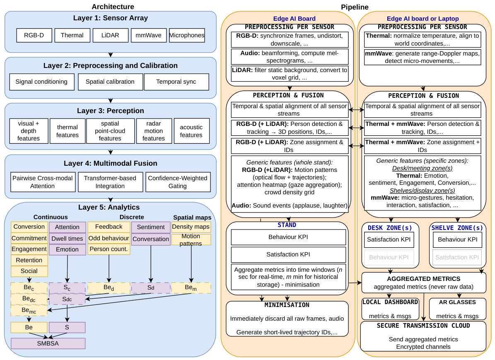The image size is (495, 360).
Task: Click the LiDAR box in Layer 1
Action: (x=111, y=35)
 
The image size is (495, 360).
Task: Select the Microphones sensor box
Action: (x=187, y=35)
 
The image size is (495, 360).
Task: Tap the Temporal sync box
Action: (x=176, y=82)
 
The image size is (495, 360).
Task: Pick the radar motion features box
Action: (x=154, y=131)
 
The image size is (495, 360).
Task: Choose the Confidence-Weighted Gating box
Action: (x=178, y=182)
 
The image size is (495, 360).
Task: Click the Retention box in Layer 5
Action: (x=29, y=260)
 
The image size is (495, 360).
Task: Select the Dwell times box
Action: (x=67, y=239)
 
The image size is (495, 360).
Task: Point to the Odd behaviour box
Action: (x=109, y=238)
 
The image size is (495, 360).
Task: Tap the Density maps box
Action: (x=191, y=227)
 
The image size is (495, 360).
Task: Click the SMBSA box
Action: (x=48, y=343)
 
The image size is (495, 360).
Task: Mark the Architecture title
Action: (x=113, y=7)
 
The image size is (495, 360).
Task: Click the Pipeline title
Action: (x=355, y=7)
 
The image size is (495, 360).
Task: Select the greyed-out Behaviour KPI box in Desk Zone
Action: (x=389, y=257)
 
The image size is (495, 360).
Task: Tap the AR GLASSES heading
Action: (x=457, y=302)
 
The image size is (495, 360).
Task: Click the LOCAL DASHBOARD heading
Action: (x=390, y=302)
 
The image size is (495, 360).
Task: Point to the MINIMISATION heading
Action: (x=287, y=305)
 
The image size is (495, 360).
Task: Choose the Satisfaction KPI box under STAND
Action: (x=288, y=254)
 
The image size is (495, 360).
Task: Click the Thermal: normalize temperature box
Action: (x=423, y=40)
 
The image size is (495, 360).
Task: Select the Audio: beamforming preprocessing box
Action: (x=290, y=57)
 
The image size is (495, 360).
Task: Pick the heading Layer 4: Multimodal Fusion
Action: (x=111, y=163)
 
